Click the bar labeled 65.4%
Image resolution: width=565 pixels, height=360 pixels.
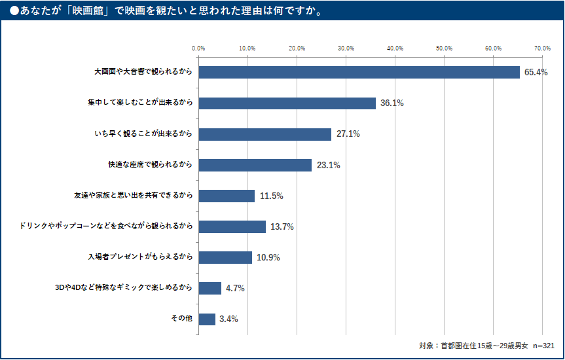(x=359, y=72)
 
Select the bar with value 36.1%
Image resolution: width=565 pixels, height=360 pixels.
(x=287, y=103)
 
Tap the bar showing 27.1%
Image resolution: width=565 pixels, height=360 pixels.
(x=264, y=134)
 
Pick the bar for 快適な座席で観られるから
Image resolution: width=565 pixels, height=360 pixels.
(x=255, y=165)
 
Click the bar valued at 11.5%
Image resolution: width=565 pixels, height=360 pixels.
(x=227, y=196)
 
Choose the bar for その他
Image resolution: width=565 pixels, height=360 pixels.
(x=207, y=319)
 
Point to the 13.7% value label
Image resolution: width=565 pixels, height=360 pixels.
(x=282, y=227)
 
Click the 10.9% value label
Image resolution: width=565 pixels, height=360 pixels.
(x=268, y=258)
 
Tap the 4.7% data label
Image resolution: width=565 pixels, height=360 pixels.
(x=235, y=289)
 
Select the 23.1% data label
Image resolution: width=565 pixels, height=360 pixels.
(x=328, y=166)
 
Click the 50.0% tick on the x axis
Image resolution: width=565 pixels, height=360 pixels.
(x=444, y=48)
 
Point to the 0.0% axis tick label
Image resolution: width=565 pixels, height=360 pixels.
(x=198, y=48)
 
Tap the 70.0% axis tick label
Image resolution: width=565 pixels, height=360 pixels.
(x=542, y=48)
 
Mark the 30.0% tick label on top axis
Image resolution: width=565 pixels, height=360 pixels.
(x=346, y=48)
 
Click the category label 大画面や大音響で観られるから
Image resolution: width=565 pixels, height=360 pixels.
(x=143, y=72)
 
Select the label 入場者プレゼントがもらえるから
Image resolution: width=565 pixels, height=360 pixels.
(x=140, y=257)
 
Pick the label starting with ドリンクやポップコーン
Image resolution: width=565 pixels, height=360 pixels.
(x=107, y=226)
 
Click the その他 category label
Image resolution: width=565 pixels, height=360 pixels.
(x=181, y=319)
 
